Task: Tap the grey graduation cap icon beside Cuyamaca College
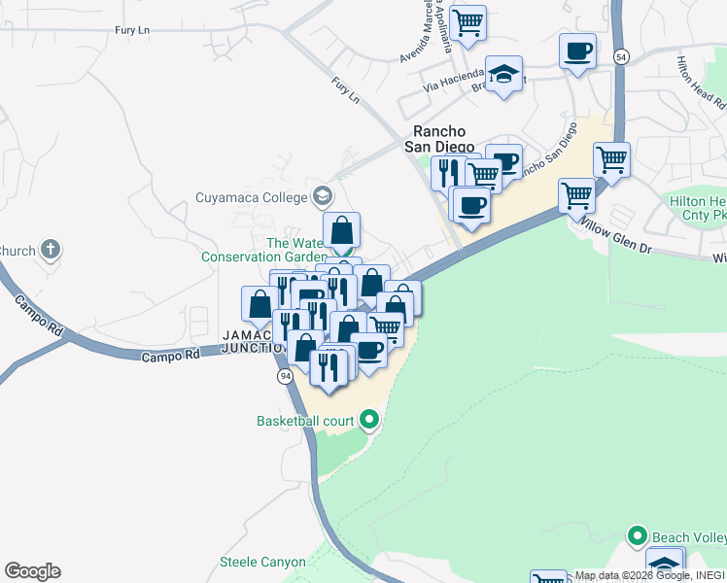click(321, 195)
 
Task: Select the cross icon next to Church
click(52, 250)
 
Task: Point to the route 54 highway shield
click(621, 58)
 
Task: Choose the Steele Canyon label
click(262, 562)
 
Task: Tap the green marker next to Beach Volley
click(638, 536)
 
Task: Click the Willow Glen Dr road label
click(616, 234)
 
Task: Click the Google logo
click(32, 571)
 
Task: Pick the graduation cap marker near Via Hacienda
click(503, 74)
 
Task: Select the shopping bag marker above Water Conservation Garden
click(342, 231)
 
